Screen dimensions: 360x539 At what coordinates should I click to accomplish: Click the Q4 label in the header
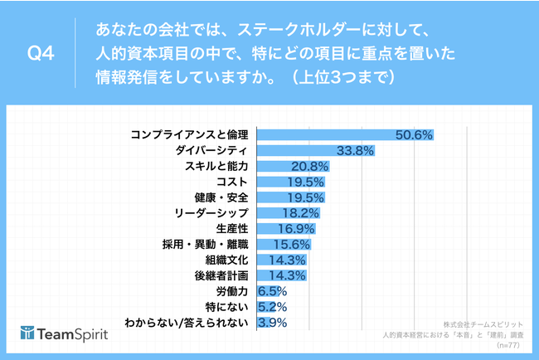click(x=41, y=54)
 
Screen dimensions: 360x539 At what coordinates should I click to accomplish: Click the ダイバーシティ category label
click(x=211, y=151)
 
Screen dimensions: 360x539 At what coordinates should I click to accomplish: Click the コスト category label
click(x=232, y=182)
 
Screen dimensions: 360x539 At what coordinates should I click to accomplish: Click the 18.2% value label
click(x=299, y=213)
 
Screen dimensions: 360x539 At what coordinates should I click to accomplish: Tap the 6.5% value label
click(x=272, y=291)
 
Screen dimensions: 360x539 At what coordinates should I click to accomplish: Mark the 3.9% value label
click(x=272, y=322)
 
